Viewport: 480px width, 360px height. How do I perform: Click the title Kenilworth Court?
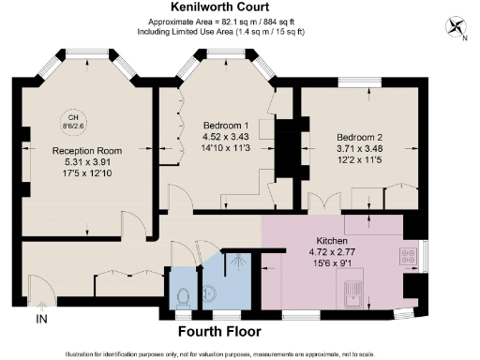click(x=239, y=7)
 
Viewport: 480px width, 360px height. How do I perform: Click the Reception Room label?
click(x=87, y=150)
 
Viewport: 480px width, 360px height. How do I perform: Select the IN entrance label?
click(x=41, y=320)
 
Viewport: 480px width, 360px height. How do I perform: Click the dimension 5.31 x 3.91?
click(x=87, y=160)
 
